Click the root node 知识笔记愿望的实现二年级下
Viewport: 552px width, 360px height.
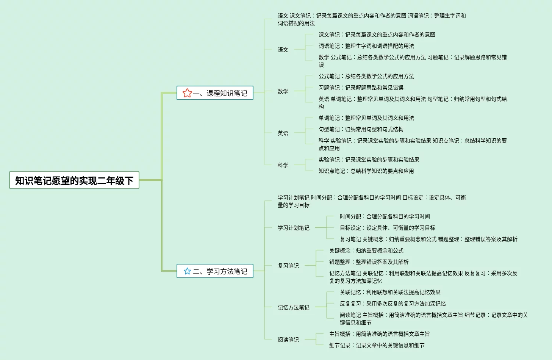[x=74, y=180]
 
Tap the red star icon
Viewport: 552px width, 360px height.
[x=187, y=93]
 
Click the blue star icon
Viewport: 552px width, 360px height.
[x=187, y=271]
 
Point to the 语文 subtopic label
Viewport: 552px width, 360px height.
[x=283, y=50]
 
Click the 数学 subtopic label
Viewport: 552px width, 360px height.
[x=283, y=91]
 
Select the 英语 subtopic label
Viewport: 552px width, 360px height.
[x=283, y=133]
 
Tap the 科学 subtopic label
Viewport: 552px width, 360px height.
[x=283, y=165]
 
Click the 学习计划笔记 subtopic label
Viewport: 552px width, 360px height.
[x=294, y=228]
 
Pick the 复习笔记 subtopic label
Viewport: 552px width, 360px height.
[x=288, y=266]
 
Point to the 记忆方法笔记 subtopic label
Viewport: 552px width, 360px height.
[x=294, y=307]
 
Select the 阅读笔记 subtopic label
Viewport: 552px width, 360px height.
[x=288, y=340]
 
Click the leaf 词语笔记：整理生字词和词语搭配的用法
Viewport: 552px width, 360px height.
[x=366, y=46]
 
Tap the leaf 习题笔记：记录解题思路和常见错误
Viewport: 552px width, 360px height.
[x=361, y=88]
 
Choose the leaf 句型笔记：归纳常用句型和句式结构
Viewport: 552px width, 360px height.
[x=361, y=129]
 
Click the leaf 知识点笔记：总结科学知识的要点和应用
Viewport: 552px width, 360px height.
[x=366, y=171]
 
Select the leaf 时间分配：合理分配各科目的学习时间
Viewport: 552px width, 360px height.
[x=385, y=216]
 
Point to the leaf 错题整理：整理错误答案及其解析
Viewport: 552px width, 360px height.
[x=369, y=262]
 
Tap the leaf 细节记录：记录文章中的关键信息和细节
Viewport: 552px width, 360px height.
[x=377, y=345]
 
